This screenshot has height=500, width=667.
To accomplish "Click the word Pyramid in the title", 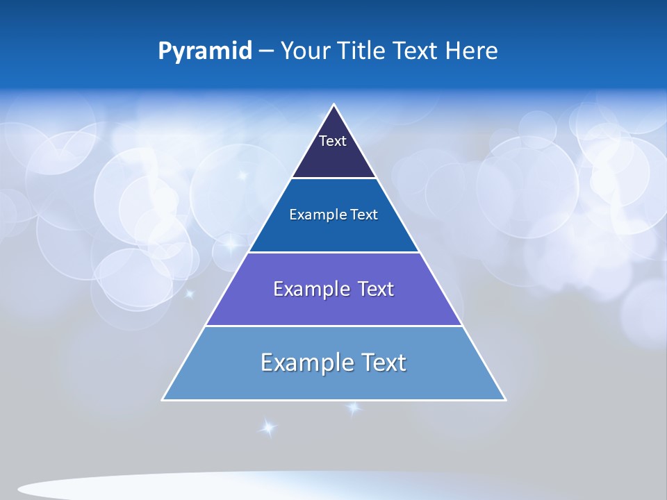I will click(x=205, y=51).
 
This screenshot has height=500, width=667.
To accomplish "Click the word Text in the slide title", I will click(x=415, y=51).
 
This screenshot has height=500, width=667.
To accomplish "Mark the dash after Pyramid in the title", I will click(x=266, y=51).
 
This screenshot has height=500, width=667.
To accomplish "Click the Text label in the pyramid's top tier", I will click(x=332, y=141).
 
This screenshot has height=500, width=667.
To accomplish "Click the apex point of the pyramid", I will click(x=334, y=105).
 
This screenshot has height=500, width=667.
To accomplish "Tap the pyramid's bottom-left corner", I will click(x=163, y=399).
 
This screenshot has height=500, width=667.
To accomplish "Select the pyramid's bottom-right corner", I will click(x=505, y=399).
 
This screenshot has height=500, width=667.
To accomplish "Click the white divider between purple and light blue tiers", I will click(x=334, y=326).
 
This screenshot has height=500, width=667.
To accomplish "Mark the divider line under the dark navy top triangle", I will click(x=334, y=178).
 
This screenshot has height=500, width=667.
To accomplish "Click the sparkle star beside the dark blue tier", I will click(x=229, y=244).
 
